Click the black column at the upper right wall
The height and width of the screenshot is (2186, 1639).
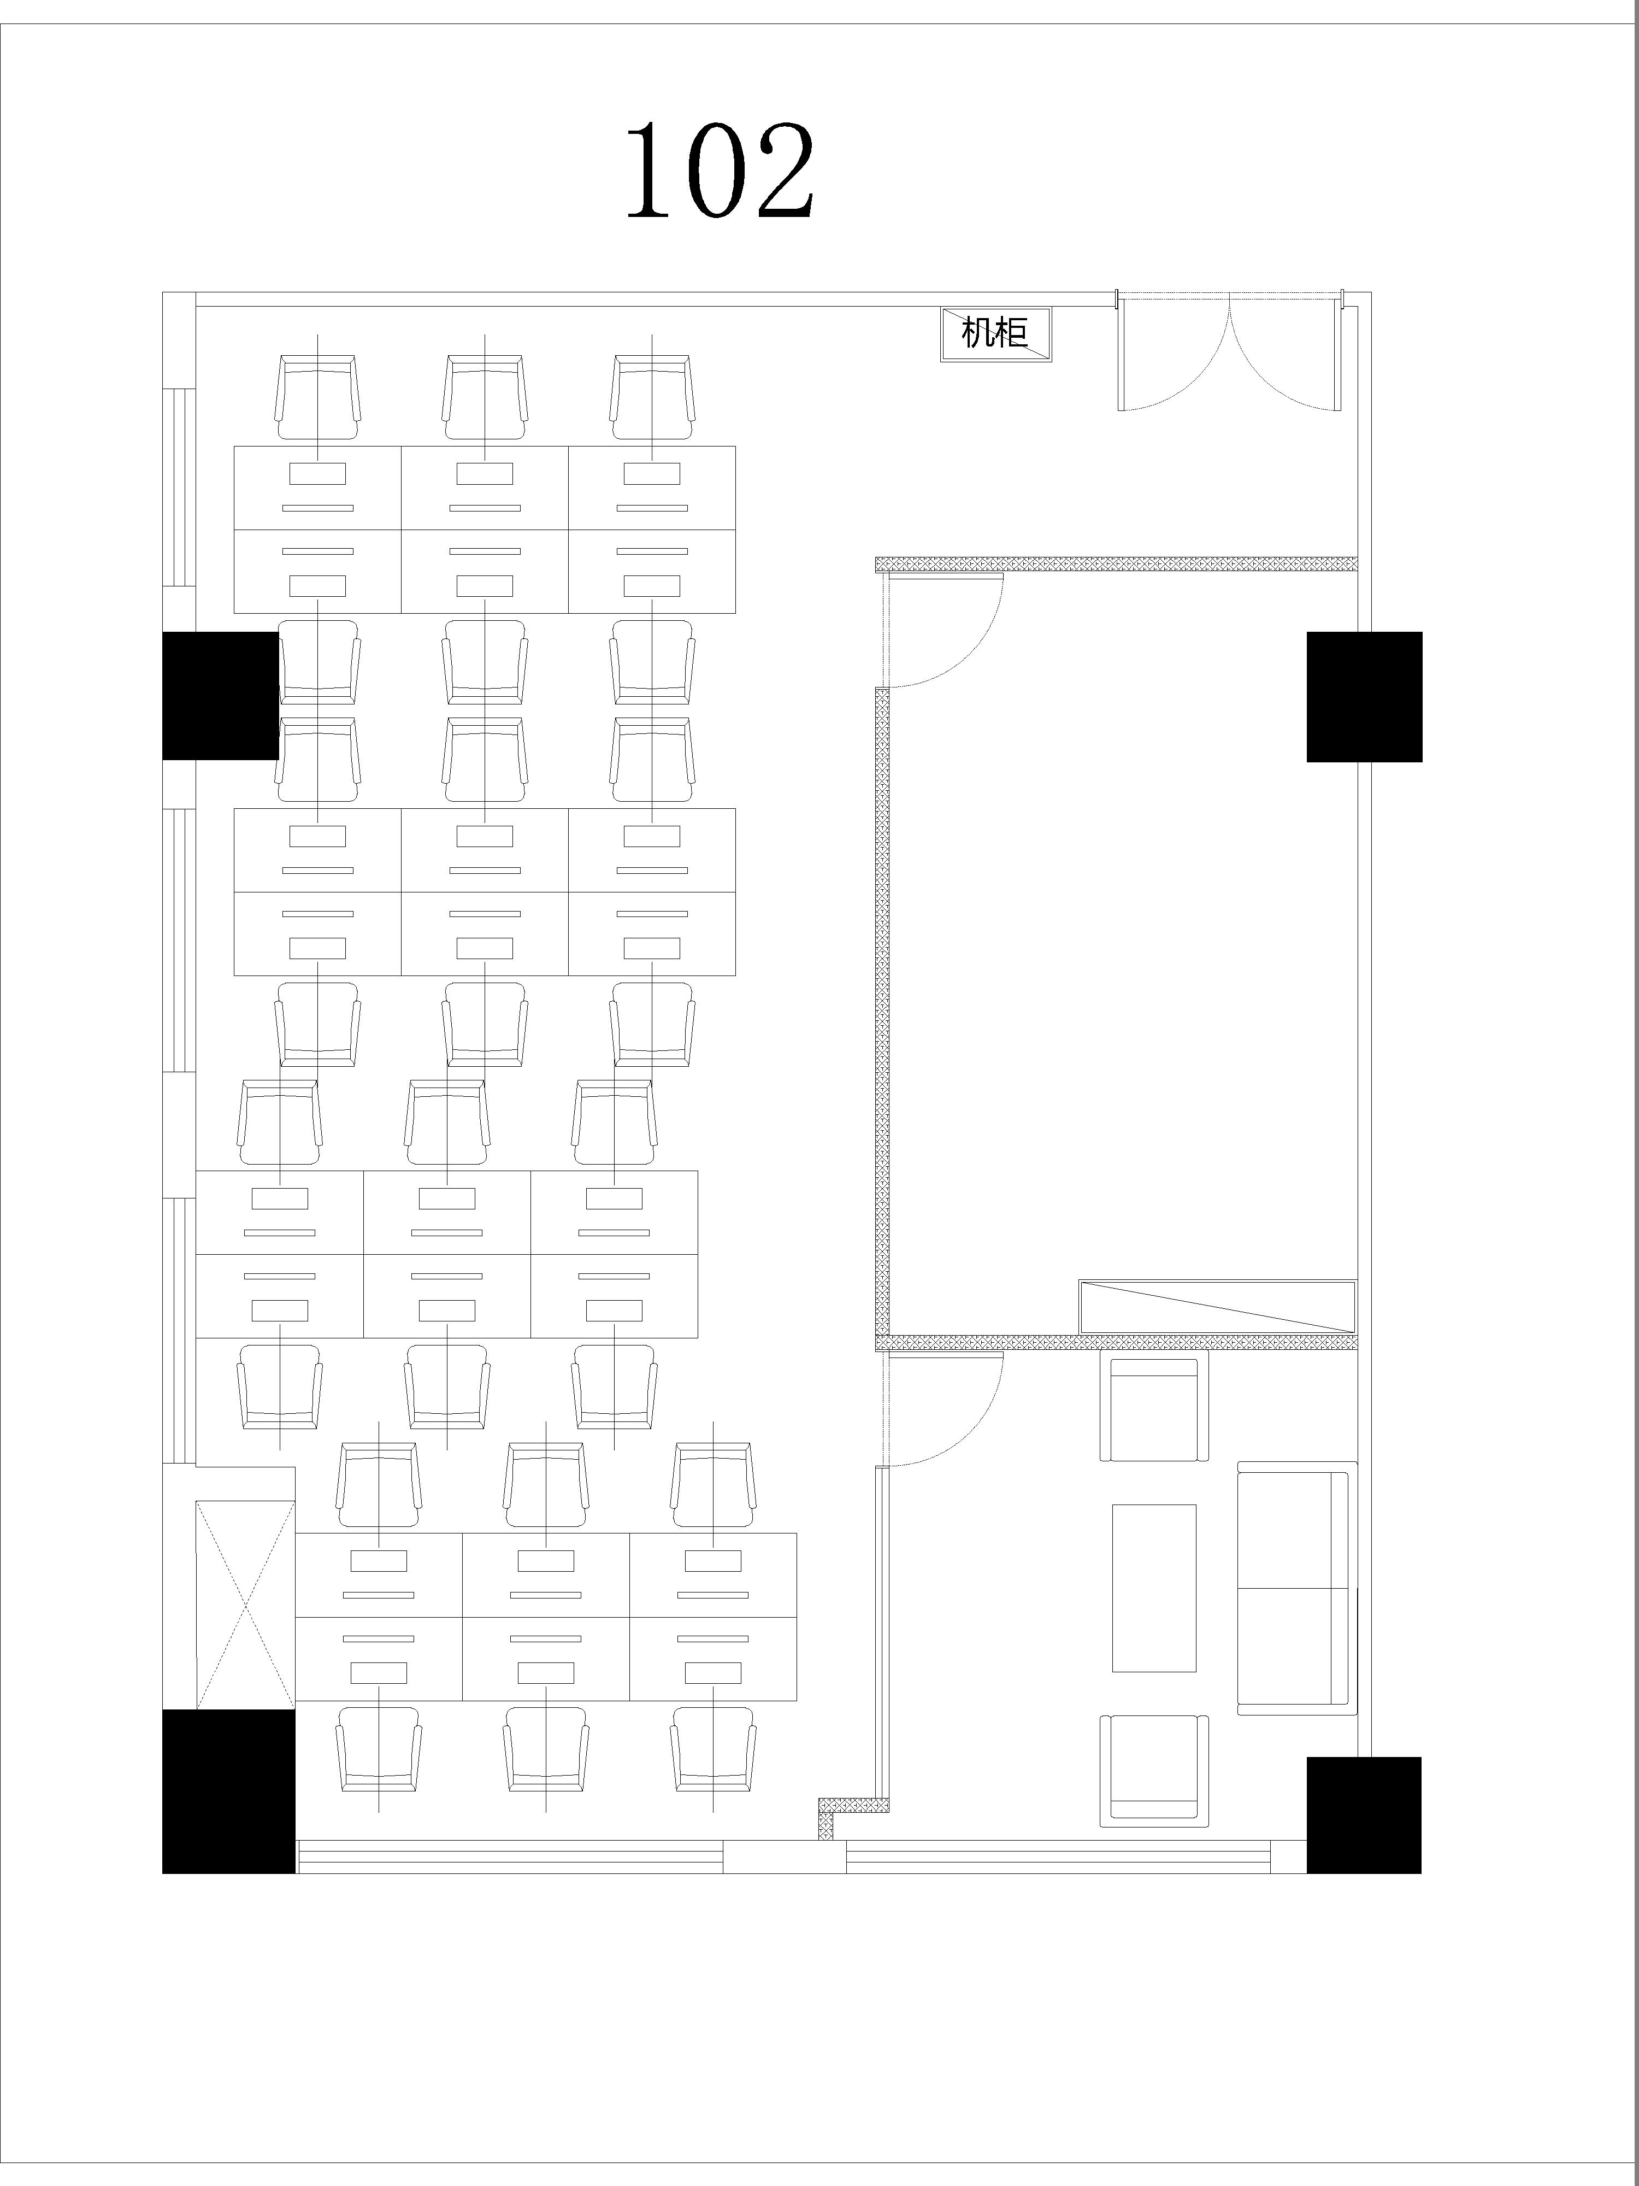[x=1364, y=697]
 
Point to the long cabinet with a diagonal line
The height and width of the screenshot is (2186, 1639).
[x=1217, y=1307]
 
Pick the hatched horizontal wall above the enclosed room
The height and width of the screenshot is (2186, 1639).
[x=1116, y=563]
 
